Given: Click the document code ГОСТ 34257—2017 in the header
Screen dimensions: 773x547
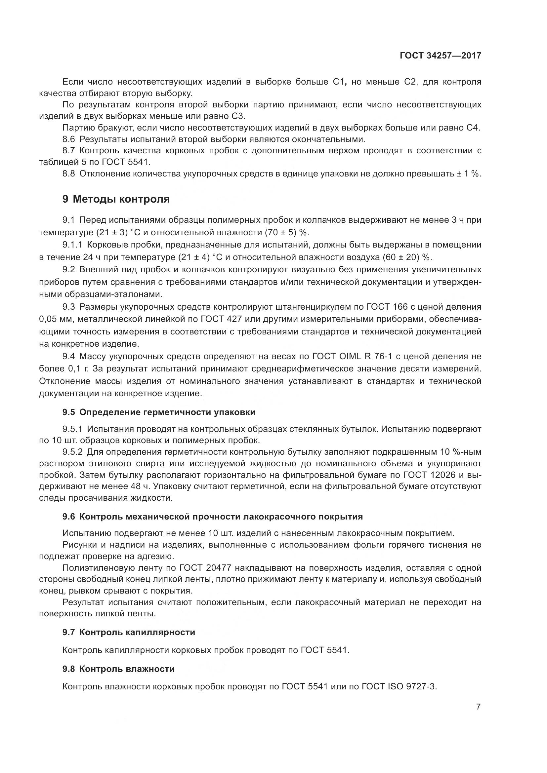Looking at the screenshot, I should click(440, 56).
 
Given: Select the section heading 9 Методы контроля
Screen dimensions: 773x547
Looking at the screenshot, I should click(116, 199).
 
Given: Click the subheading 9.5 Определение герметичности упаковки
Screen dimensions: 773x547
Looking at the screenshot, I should click(159, 412).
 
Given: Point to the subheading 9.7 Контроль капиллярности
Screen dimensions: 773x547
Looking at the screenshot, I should click(129, 632).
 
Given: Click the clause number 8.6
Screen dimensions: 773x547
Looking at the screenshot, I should click(69, 139).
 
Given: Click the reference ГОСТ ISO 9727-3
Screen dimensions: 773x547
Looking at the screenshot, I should click(399, 686).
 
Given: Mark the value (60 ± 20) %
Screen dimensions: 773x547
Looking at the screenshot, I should click(407, 257).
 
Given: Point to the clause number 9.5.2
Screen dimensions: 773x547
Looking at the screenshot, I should click(72, 451).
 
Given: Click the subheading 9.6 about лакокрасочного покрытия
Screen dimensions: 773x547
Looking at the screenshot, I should click(213, 517).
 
